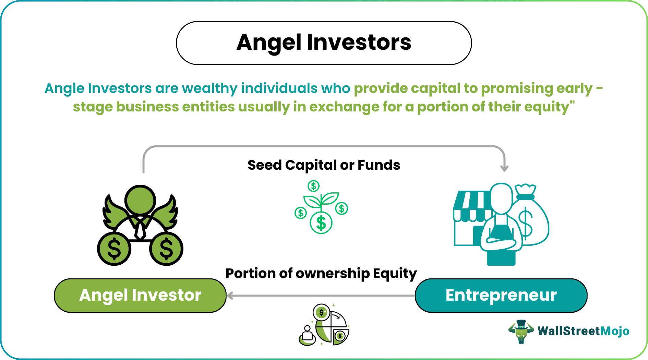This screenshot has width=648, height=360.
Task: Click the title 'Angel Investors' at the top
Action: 324,43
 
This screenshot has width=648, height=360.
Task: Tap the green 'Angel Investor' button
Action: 140,295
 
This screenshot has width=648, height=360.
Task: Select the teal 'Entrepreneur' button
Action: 501,295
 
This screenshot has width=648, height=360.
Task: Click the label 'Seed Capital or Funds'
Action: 324,165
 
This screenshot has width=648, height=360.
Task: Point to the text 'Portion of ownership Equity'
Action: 321,274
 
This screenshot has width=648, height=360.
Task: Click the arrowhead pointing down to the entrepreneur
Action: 504,168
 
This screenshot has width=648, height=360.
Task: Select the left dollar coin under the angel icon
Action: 114,249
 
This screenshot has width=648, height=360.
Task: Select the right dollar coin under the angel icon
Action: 166,249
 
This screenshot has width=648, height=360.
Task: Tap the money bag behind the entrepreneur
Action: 531,219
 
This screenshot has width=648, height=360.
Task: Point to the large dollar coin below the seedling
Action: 321,223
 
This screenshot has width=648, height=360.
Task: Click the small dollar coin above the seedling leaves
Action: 313,186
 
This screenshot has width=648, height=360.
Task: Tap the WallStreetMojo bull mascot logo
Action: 521,331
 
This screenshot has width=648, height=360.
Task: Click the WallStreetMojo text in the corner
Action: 583,331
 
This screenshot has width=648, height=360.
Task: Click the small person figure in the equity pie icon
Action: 307,335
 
